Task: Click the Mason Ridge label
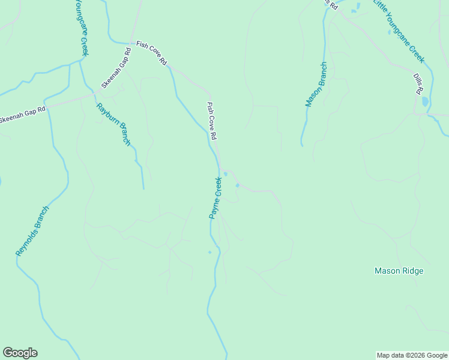[x=399, y=271]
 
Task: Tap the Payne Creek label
[x=216, y=198]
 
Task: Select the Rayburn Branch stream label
[x=113, y=124]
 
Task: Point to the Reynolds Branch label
[x=32, y=231]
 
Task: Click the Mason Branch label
[x=316, y=85]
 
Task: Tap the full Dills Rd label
[x=418, y=83]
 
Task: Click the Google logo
[x=20, y=353]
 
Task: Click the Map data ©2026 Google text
[x=411, y=355]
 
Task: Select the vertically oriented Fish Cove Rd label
[x=211, y=121]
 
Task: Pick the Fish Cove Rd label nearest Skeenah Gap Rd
[x=151, y=53]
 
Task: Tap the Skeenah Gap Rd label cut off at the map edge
[x=23, y=115]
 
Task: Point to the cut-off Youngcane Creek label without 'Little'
[x=82, y=27]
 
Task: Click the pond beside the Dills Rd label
[x=425, y=101]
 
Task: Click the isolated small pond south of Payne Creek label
[x=209, y=252]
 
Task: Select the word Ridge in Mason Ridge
[x=411, y=271]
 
